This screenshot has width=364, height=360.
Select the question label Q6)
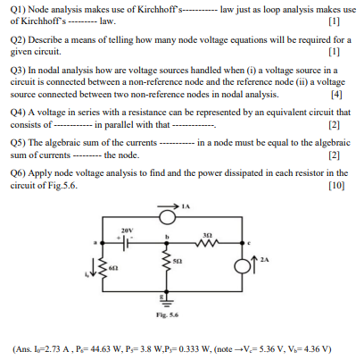20,172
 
